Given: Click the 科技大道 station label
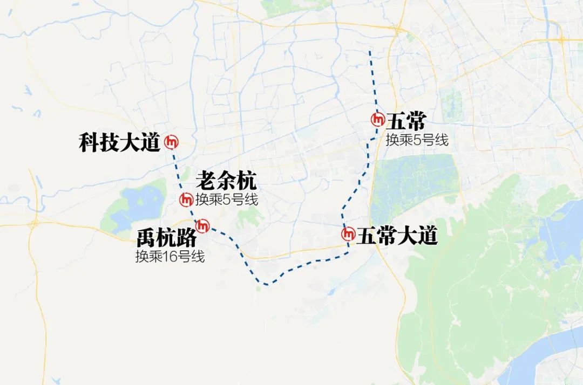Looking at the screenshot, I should (119, 142).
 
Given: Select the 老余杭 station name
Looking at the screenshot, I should (226, 180).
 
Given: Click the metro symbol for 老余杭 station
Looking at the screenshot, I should (186, 200).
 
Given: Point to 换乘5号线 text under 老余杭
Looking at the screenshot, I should (227, 200).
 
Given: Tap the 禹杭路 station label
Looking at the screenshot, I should (166, 238).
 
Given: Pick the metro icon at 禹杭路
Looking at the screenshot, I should (204, 224).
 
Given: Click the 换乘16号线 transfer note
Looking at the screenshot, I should (170, 257).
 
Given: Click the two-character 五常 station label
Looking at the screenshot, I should (406, 120).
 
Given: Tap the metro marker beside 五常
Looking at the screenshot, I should (378, 119).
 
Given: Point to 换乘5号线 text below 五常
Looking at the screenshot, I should (417, 140).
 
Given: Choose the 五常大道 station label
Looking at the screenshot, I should (396, 235).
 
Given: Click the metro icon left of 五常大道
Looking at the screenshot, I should (348, 234).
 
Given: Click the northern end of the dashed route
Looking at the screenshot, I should (370, 53).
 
